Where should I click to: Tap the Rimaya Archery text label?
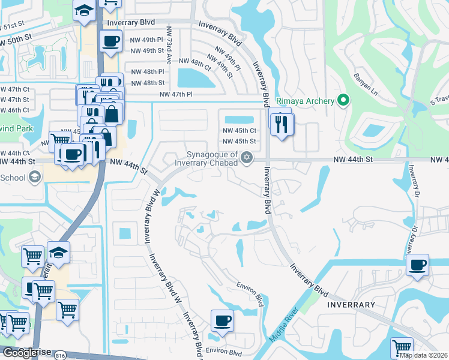(304, 101)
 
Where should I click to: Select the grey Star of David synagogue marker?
(246, 158)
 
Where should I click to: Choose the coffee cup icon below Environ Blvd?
(222, 320)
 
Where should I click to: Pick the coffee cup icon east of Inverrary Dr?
(417, 265)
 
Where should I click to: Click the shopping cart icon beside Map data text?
(402, 347)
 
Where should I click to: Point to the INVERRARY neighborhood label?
(351, 305)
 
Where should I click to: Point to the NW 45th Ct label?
(240, 130)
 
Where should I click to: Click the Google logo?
(23, 353)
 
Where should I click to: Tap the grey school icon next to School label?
(35, 177)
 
